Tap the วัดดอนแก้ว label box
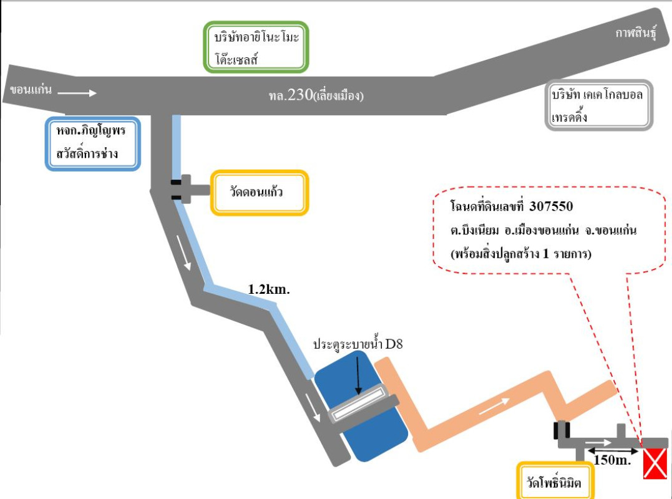click(x=260, y=193)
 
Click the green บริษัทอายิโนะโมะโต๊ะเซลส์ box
click(x=256, y=47)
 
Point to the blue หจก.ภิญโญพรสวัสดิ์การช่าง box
click(x=93, y=143)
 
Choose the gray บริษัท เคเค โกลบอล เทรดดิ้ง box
click(x=598, y=105)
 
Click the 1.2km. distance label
click(x=270, y=289)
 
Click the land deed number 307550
click(x=551, y=206)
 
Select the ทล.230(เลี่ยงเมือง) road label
click(x=313, y=96)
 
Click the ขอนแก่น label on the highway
click(x=29, y=91)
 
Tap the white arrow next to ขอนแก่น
click(x=79, y=93)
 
